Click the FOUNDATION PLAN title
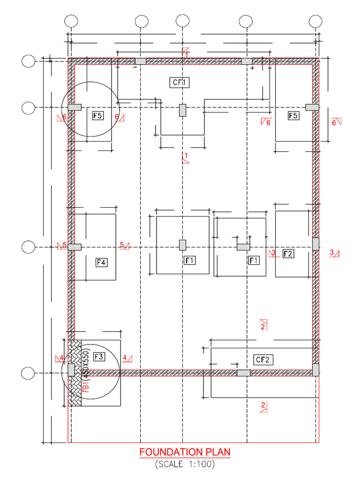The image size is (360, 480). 185,452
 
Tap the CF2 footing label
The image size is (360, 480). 263,360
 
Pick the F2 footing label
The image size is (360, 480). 288,254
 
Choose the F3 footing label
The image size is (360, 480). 99,357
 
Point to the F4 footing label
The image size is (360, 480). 101,262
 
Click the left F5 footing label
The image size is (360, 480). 98,115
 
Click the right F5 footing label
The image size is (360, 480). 293,115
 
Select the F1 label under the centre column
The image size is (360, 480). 190,260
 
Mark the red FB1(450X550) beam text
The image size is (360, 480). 86,370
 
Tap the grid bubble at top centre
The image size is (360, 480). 182,22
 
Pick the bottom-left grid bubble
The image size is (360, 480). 29,373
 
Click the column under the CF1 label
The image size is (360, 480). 182,110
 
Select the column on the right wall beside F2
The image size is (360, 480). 315,244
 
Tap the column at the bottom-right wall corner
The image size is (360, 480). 315,369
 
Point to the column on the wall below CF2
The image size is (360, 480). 243,373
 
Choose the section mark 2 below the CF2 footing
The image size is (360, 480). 263,407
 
